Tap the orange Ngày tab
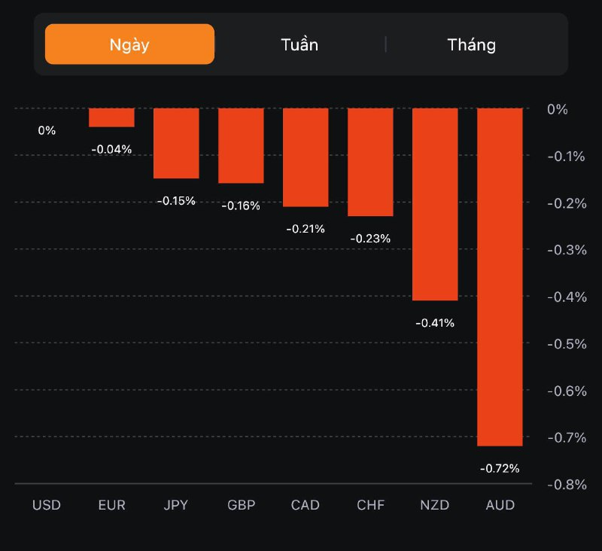(x=129, y=44)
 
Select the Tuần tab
(x=299, y=44)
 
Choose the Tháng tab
(x=472, y=44)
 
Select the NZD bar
(x=436, y=204)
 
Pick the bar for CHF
(x=371, y=162)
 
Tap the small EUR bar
(x=111, y=117)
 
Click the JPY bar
(x=176, y=143)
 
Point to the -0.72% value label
(x=500, y=468)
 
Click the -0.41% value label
(x=435, y=323)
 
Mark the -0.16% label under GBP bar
(x=241, y=205)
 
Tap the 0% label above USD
(x=47, y=130)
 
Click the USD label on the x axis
(x=47, y=505)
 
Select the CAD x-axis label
(x=306, y=505)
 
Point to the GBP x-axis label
(x=241, y=505)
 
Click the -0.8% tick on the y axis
(x=567, y=484)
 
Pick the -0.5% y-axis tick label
(x=567, y=344)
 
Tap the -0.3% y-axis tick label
(x=567, y=250)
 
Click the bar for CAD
(x=306, y=157)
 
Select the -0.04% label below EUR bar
(x=111, y=149)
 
